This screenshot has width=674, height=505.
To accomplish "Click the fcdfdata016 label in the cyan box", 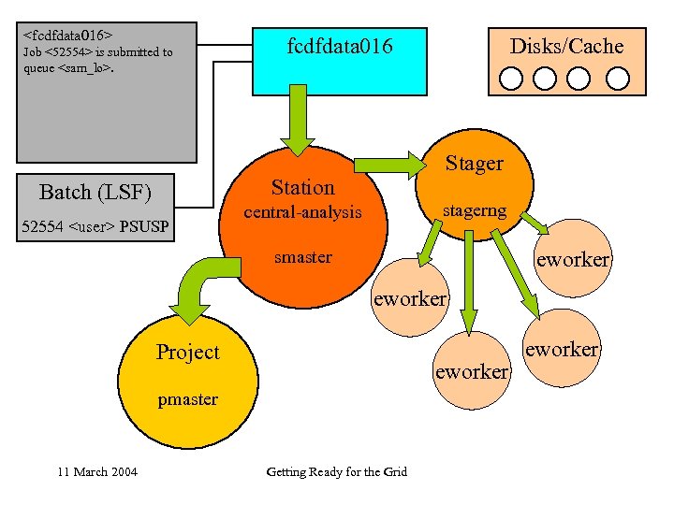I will point(339,46).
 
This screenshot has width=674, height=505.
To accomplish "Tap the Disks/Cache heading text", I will point(565,46).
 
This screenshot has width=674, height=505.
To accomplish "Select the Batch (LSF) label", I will point(95,193).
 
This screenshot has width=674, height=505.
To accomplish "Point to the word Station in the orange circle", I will point(302,187).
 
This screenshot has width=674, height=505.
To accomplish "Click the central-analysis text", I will point(302,212).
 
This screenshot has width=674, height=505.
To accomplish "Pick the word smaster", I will point(302,257).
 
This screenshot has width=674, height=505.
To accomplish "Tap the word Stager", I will point(474,164).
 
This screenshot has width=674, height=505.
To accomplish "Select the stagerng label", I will point(474,210).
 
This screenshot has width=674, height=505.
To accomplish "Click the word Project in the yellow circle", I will point(187,352).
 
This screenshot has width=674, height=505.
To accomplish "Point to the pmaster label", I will point(187,399).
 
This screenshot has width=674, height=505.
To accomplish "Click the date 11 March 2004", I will point(97,471).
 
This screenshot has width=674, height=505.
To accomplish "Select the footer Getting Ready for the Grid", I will point(336,471).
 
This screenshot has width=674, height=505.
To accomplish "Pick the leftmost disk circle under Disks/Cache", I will point(511,78).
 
